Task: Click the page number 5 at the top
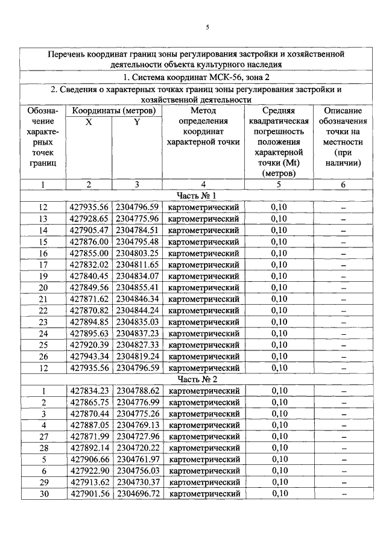coord(207,27)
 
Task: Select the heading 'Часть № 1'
coord(197,196)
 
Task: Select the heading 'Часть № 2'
coord(197,379)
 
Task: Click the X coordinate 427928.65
coord(89,219)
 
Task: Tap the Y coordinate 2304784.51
coord(137,230)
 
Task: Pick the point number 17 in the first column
coord(43,264)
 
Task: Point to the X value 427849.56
coord(89,287)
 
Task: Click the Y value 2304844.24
coord(137,310)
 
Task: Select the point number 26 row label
coord(43,356)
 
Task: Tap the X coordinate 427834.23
coord(89,391)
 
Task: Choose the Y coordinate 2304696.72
coord(137,494)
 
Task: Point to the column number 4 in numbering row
coord(203,185)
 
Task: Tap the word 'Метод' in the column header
coord(203,111)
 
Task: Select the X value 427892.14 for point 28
coord(89,448)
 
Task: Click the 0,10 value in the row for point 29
coord(279,482)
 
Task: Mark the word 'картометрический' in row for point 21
coord(203,299)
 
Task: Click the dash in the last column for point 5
coord(343,459)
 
